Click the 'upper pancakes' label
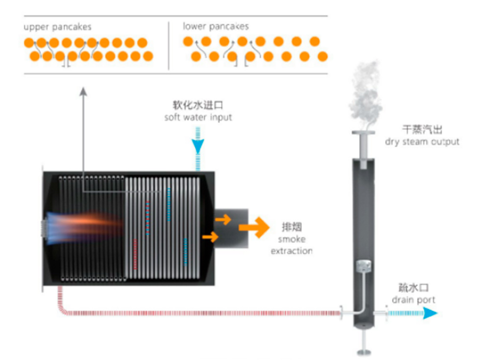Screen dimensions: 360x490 [x=57, y=27]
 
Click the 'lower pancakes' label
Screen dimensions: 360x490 [x=216, y=26]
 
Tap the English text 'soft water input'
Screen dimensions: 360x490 [x=198, y=118]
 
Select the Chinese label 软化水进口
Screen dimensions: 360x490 [x=198, y=105]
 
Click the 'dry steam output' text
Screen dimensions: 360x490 [x=422, y=142]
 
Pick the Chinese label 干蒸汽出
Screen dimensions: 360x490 [x=422, y=130]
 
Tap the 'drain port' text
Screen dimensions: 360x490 [x=413, y=300]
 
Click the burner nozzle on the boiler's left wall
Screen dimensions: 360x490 [x=45, y=227]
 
